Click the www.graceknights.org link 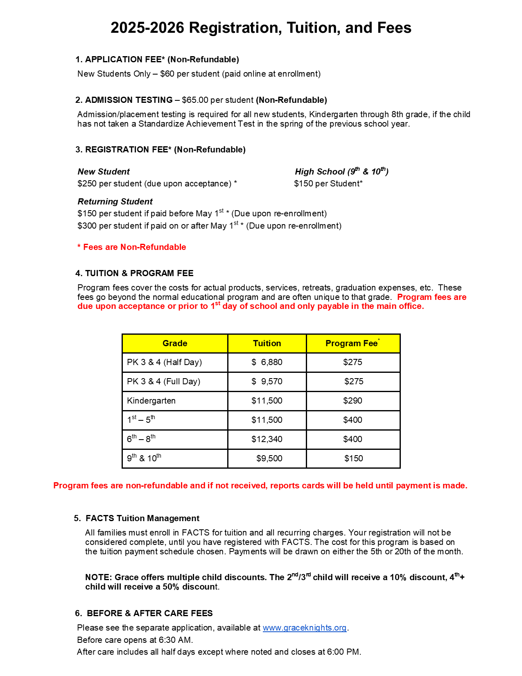click(305, 628)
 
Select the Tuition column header click(267, 343)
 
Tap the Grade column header click(175, 343)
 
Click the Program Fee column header click(352, 343)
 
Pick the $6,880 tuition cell click(267, 362)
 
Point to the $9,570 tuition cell click(267, 381)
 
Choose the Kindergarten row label click(151, 401)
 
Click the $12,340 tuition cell click(267, 439)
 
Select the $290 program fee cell click(353, 401)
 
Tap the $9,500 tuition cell click(269, 458)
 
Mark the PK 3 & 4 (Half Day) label click(164, 362)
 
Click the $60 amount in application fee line click(167, 74)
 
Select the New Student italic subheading click(104, 172)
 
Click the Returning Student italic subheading click(115, 202)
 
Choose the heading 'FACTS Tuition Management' click(142, 518)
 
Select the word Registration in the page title click(235, 28)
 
